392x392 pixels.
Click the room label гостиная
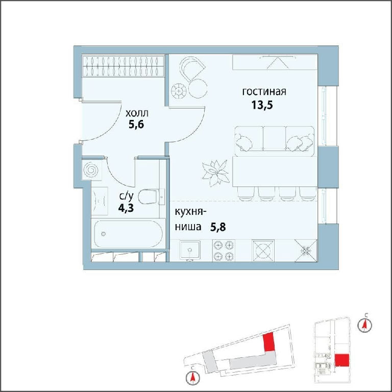tap(264, 92)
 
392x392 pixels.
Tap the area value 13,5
tap(262, 105)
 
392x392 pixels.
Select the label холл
tap(137, 113)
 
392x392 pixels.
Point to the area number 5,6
tap(136, 124)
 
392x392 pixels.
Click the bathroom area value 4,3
tap(126, 208)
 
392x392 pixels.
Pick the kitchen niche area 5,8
tap(218, 227)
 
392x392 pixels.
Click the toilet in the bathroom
tap(151, 197)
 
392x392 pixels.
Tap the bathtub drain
tap(103, 234)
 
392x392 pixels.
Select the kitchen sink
tap(190, 250)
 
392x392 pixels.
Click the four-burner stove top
tap(224, 251)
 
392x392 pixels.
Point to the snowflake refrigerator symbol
tap(306, 251)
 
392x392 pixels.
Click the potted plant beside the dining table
tap(215, 173)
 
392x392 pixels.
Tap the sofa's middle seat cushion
tap(274, 138)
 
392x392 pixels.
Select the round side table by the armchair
tap(198, 88)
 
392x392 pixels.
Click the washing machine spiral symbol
tap(91, 170)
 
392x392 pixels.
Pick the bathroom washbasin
tap(100, 201)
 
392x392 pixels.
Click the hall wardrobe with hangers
tap(123, 66)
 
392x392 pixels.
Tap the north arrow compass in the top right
tap(364, 325)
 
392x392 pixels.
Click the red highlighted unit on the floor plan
tap(342, 360)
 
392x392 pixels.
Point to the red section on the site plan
tap(269, 342)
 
